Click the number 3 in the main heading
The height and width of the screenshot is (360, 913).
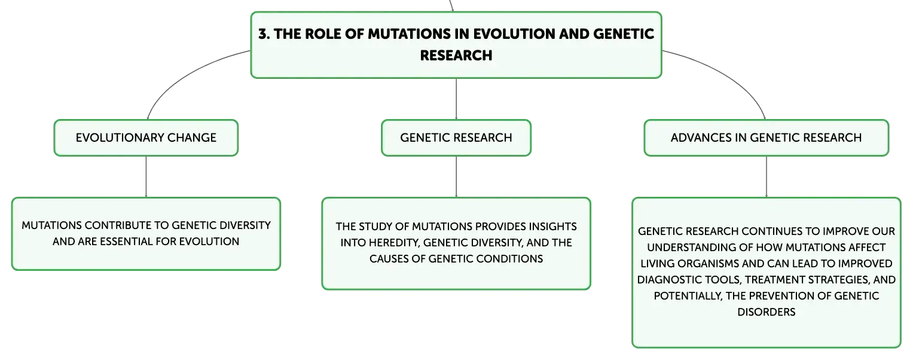[x=263, y=34]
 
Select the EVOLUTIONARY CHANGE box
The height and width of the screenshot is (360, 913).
[x=146, y=138]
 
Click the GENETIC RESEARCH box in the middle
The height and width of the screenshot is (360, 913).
[x=456, y=138]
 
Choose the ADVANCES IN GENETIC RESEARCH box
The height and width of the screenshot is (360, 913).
[x=767, y=138]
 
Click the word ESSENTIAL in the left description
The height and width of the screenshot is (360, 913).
[x=126, y=242]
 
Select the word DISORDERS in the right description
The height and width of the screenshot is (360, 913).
[x=767, y=312]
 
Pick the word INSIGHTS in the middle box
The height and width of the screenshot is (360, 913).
[x=552, y=226]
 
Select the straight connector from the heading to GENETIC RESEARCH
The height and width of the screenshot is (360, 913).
[x=456, y=99]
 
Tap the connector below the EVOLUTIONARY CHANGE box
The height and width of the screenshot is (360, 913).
[x=146, y=176]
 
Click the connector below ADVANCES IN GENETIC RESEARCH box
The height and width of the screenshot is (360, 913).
[x=767, y=176]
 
